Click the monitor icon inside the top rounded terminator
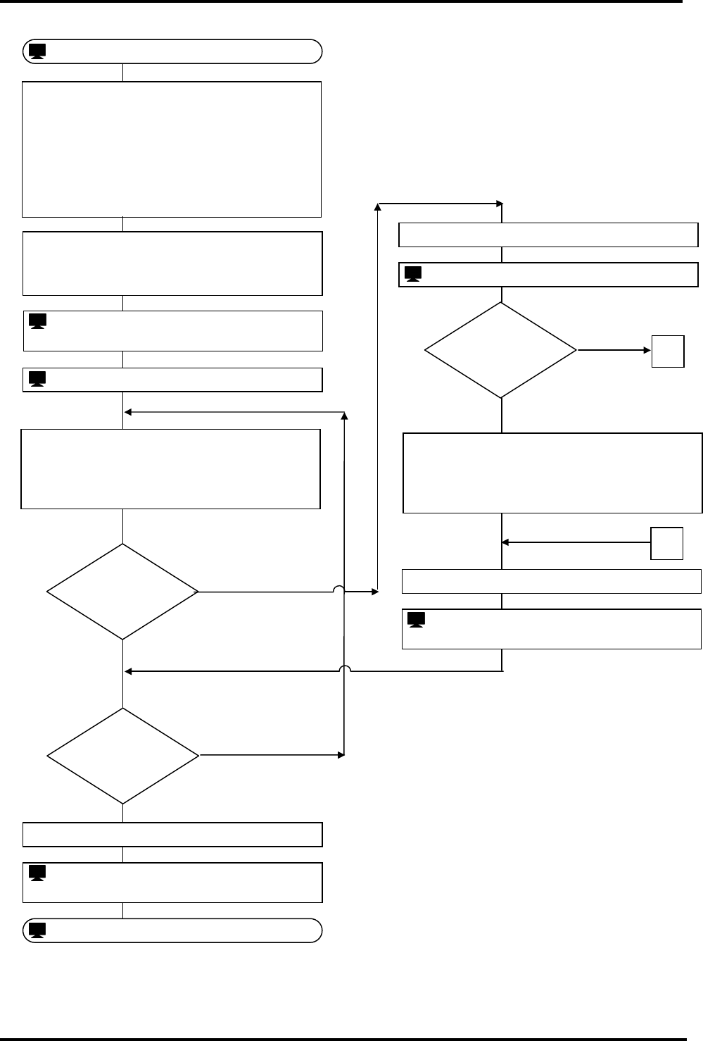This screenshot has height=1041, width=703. [x=38, y=51]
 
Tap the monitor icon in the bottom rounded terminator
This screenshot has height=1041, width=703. [x=38, y=930]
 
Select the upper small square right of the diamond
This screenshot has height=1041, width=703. [x=668, y=351]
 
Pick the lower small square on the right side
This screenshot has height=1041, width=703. [x=666, y=543]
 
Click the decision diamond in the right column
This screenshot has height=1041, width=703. [x=501, y=350]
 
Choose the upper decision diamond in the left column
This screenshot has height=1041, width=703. [x=122, y=592]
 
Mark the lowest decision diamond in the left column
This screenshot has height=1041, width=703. [x=122, y=756]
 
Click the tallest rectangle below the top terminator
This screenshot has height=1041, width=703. [x=172, y=149]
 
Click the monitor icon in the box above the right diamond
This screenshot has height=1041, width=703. [x=413, y=274]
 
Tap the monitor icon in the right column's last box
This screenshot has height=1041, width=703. [x=417, y=621]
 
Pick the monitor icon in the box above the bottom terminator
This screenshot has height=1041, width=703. [x=38, y=873]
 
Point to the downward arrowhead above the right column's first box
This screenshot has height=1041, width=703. [x=502, y=204]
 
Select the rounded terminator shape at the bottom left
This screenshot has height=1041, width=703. [x=172, y=930]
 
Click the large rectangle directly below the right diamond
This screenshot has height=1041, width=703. [x=552, y=473]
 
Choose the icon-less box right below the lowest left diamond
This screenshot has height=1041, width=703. [x=172, y=834]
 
